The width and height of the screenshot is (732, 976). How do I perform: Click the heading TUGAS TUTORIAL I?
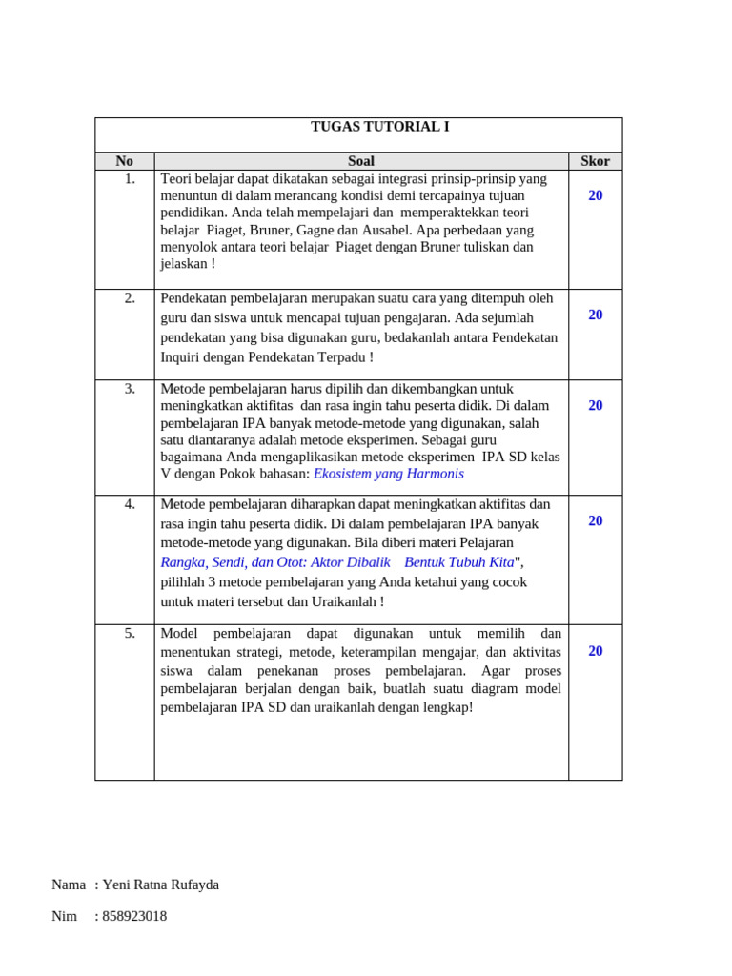366,127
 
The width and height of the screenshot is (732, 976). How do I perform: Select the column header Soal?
361,161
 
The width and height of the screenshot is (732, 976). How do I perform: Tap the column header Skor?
595,161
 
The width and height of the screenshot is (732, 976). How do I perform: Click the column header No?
125,161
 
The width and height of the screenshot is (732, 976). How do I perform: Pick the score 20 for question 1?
595,195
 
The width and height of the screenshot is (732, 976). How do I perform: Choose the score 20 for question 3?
595,405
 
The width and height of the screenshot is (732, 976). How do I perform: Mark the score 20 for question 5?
595,651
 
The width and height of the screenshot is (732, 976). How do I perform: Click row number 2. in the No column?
130,297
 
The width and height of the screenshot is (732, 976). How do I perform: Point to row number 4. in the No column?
130,503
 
